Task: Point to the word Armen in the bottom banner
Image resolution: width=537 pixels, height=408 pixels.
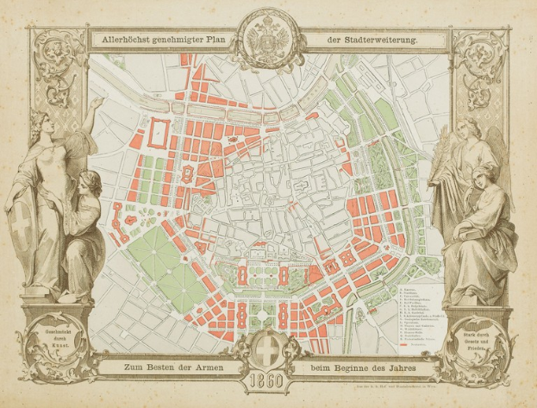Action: [201, 368]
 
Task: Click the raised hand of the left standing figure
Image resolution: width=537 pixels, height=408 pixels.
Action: [97, 102]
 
